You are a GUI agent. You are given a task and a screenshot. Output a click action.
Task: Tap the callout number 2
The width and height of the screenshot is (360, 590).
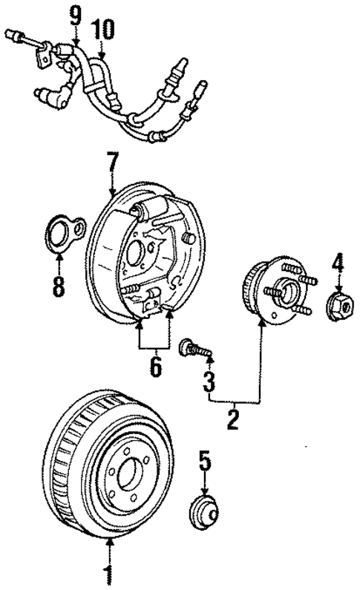pos(232,419)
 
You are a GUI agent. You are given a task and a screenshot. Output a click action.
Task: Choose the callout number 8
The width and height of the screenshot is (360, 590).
pos(59,286)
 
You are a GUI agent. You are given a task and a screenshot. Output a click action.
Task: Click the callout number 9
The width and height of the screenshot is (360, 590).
pos(73,13)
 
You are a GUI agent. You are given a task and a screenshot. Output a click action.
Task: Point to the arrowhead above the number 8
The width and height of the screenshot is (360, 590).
pos(59,257)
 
